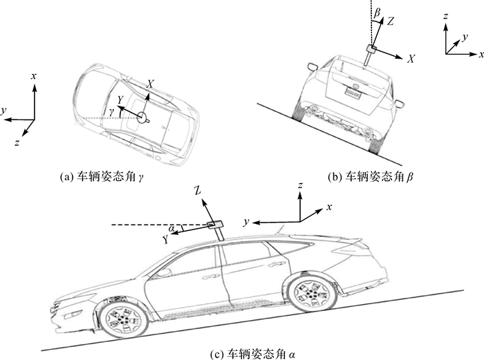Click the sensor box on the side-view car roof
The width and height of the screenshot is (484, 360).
pyautogui.click(x=215, y=224)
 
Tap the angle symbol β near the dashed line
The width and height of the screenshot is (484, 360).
pyautogui.click(x=377, y=13)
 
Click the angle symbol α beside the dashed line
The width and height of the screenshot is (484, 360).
pyautogui.click(x=171, y=227)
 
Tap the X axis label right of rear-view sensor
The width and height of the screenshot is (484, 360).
pyautogui.click(x=411, y=60)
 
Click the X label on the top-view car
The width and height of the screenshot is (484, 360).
pyautogui.click(x=149, y=83)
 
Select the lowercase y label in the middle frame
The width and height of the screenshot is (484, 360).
pyautogui.click(x=246, y=221)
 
